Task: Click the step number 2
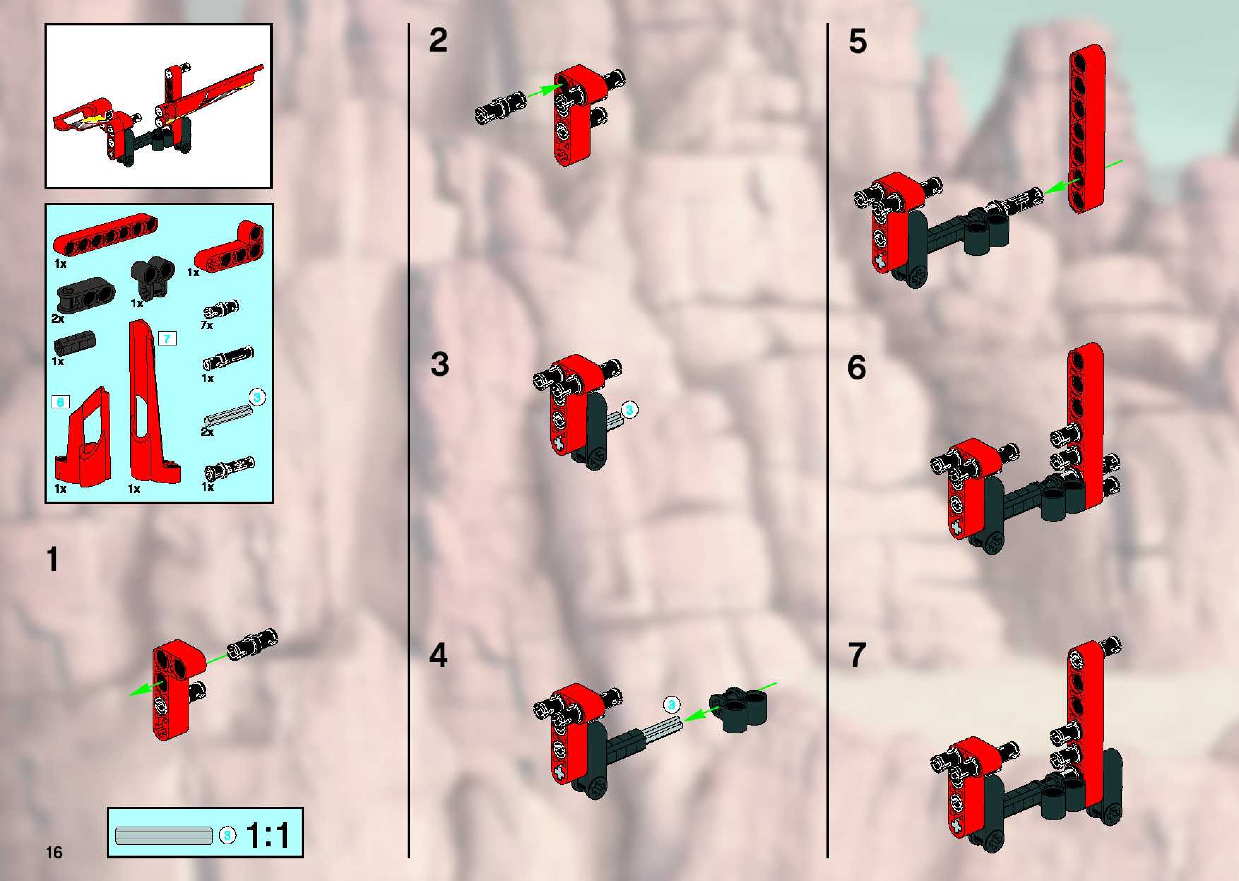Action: pos(438,40)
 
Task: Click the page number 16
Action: pos(54,852)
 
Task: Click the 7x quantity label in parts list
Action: pos(206,325)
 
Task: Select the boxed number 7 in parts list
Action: pos(167,339)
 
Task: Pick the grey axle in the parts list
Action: pos(229,418)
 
